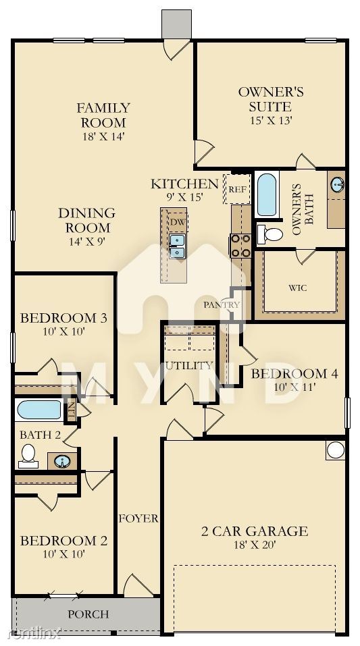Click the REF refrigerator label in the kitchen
[x=238, y=190]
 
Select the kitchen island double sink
[x=177, y=246]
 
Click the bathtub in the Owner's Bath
[x=266, y=195]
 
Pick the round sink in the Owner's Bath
[x=337, y=184]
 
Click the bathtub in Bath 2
[x=39, y=410]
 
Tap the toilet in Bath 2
[x=28, y=456]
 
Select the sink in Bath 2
[x=62, y=461]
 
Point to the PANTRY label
[x=222, y=305]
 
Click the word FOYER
[x=138, y=518]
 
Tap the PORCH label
[x=88, y=614]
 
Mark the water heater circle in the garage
[x=336, y=450]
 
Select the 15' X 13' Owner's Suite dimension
[x=270, y=121]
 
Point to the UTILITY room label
[x=189, y=365]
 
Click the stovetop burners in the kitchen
[x=240, y=246]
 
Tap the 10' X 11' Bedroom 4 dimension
[x=295, y=387]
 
